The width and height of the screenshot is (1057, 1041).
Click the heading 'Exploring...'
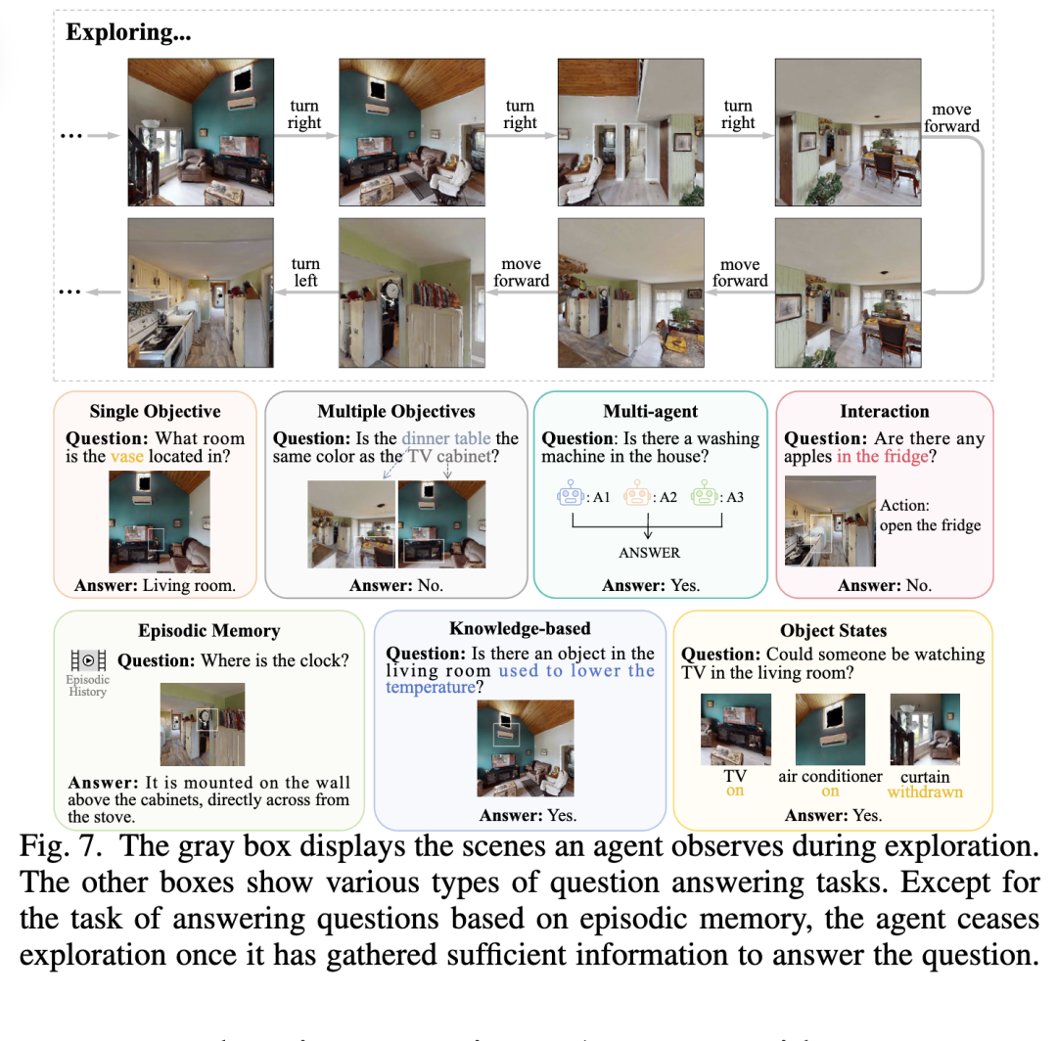click(128, 32)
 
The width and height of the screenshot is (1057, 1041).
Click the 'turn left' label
click(305, 273)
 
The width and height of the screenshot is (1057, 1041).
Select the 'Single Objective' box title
click(155, 411)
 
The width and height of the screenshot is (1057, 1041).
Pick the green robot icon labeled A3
click(703, 497)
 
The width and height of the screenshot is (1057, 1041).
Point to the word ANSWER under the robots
click(649, 553)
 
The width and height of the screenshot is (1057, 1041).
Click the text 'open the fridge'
click(930, 525)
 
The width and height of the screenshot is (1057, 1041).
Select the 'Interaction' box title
click(884, 411)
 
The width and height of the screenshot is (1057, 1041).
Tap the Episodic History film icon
click(88, 661)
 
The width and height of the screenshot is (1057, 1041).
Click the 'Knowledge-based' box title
click(520, 628)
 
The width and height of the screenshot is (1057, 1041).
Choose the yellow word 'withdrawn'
click(925, 792)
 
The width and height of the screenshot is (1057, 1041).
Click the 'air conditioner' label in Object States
click(830, 776)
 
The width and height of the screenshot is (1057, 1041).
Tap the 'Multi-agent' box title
click(649, 411)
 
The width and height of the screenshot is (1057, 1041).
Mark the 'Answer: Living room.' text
click(155, 586)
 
